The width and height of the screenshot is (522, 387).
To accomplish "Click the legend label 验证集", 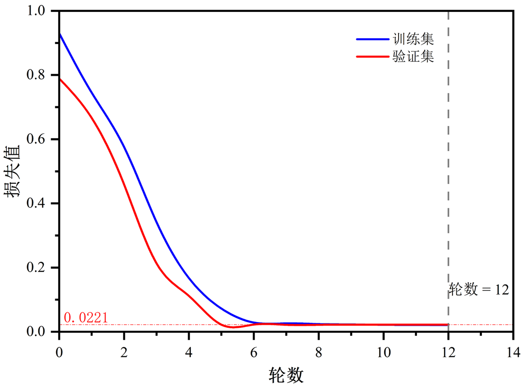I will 412,57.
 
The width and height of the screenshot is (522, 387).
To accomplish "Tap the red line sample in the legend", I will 372,57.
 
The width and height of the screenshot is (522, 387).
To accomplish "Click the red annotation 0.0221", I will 85,317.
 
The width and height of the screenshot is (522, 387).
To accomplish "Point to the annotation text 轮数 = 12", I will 478,290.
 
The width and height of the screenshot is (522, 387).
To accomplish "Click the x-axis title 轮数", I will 286,375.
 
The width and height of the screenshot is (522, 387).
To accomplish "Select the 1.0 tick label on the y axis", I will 42,11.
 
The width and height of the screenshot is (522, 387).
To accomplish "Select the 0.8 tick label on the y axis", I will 42,75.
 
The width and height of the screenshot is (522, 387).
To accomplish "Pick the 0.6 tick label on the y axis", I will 42,139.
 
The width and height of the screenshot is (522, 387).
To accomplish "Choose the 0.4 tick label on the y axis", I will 42,203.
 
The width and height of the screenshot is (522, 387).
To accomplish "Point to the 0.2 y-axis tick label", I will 42,267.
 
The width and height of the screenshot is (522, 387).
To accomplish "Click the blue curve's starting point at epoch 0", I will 59,33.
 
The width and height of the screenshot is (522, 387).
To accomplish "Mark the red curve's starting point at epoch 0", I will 59,79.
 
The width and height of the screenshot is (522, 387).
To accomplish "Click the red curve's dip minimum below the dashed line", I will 233,327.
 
